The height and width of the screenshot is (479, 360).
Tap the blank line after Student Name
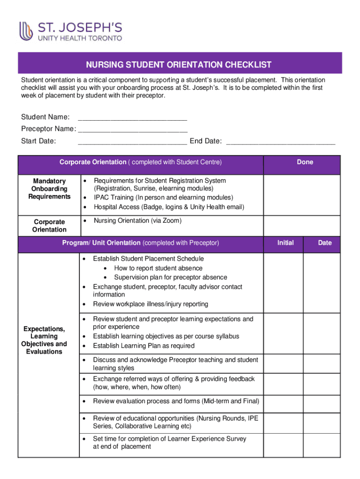coord(133,117)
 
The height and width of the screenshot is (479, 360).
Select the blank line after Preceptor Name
coord(133,129)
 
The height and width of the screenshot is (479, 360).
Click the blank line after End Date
coord(281,141)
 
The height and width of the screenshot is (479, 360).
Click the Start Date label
coord(38,141)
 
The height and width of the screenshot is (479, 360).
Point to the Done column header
coord(305,162)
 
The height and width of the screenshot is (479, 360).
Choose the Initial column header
coord(285,243)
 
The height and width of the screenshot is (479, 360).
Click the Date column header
coord(324,243)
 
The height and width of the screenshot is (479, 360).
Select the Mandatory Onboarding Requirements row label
coord(49,189)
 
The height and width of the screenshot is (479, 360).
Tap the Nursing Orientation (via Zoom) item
coord(137,221)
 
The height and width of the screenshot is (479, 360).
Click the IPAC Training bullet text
coord(163,198)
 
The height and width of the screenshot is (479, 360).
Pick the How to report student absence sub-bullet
coord(158,268)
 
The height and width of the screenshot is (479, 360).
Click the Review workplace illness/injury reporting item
coord(151,304)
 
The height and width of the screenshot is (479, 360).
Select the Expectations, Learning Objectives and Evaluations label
coord(45,340)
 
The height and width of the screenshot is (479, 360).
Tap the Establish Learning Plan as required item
coord(144,346)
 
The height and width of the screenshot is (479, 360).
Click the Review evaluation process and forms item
coord(176,401)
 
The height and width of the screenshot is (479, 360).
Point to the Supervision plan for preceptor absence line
coord(171,277)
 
